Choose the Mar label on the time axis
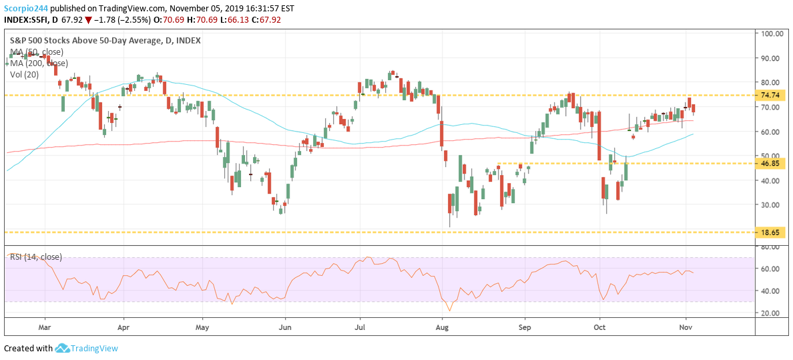coord(45,328)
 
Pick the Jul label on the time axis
coord(360,328)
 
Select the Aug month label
coord(441,328)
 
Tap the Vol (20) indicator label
coord(25,74)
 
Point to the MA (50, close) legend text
coord(37,51)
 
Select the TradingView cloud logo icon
coord(62,348)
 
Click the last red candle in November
coord(694,108)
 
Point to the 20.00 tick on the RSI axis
coord(770,313)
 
